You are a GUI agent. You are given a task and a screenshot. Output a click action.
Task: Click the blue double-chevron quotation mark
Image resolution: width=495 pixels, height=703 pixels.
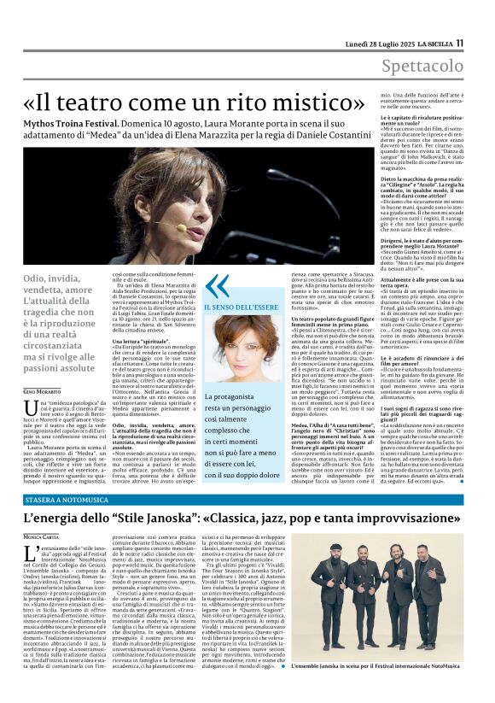217,286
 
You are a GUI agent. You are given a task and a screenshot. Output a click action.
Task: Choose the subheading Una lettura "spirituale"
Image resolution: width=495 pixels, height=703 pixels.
140,340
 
